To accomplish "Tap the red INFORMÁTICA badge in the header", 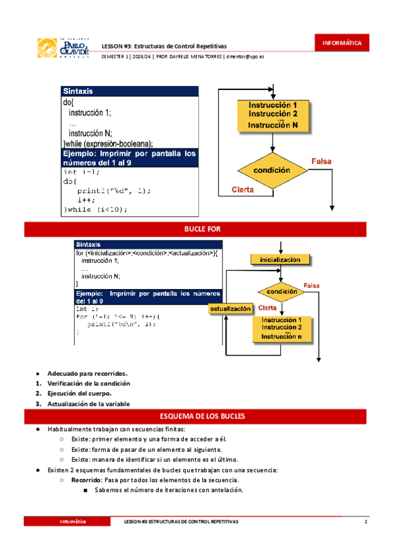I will click(341, 43).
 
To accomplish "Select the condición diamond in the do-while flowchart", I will click(273, 170).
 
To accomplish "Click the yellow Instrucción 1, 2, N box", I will click(273, 115).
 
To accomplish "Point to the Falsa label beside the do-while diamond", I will click(321, 161).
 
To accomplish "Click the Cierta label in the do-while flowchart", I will click(243, 190).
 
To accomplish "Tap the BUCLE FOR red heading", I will click(197, 229).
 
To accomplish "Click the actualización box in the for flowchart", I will click(230, 308).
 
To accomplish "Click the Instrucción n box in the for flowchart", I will click(282, 328).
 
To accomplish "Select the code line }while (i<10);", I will click(95, 210).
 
